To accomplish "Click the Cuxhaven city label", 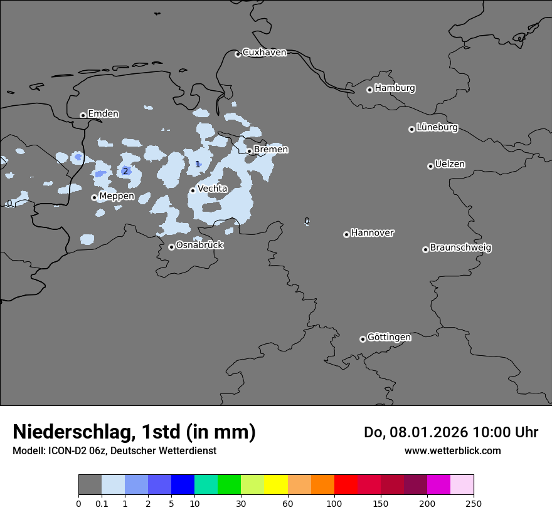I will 264,53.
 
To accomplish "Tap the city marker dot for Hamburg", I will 369,90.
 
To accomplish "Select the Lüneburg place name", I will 437,127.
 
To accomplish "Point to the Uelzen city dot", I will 430,166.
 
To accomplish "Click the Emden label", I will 103,114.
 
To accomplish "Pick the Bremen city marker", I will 249,151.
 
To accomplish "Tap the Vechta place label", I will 212,189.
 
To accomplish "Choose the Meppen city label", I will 116,196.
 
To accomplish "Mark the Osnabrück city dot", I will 171,247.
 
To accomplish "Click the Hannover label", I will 372,233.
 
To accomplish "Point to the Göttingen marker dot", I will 363,339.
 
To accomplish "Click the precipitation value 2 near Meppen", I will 125,171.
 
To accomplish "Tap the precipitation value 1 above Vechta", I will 198,164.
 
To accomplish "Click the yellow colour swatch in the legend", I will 276,485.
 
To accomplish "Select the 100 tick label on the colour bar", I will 334,503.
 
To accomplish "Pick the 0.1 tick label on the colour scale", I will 102,503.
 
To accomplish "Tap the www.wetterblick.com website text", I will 452,450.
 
